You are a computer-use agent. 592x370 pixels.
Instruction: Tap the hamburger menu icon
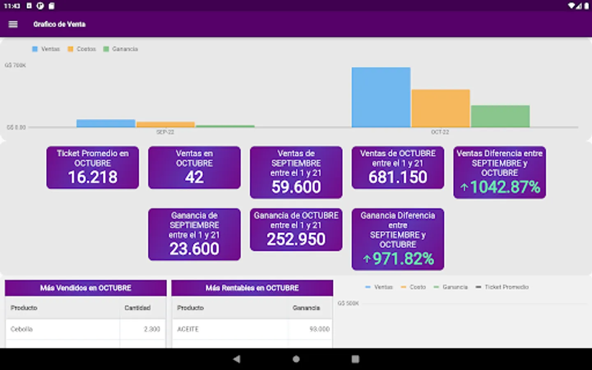pos(13,24)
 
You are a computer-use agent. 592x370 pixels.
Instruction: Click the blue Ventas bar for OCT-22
pos(381,97)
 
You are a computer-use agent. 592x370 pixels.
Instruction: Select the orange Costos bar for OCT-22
pos(440,108)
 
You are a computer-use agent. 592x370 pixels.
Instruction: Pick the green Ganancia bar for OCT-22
pos(500,116)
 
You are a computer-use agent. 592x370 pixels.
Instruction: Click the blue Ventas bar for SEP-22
pos(106,123)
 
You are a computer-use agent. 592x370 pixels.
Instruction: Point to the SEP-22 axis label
pos(165,132)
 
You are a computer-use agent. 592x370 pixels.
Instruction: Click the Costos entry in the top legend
pos(86,49)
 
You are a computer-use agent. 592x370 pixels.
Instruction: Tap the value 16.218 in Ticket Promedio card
pos(92,177)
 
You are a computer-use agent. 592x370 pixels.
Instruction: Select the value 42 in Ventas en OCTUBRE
pos(194,177)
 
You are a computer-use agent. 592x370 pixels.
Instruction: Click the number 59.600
pos(296,187)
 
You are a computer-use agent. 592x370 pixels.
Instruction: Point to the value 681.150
pos(398,177)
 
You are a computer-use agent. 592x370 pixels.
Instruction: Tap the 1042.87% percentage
pos(504,187)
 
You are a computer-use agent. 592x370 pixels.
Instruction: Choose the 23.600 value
pos(194,249)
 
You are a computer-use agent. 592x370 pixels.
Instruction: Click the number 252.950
pos(296,239)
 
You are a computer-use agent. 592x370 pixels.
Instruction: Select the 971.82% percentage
pos(403,259)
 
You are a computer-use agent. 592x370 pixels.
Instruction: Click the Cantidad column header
pos(137,308)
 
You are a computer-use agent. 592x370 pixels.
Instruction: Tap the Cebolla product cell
pos(22,329)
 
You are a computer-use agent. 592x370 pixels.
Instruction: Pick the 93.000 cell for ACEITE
pos(319,329)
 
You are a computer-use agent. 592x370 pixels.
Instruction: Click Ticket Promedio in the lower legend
pos(506,287)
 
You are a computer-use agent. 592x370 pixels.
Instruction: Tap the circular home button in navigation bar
pos(296,359)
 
